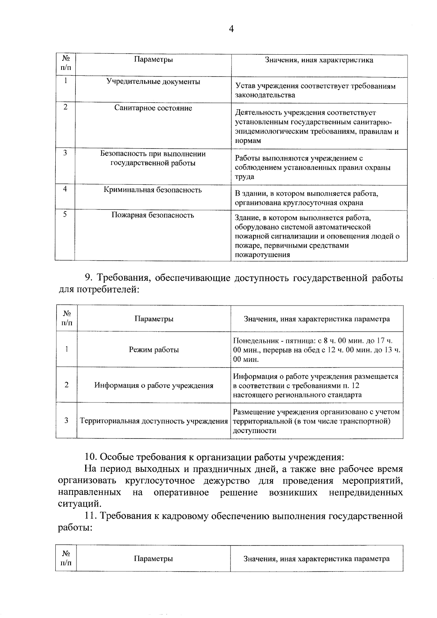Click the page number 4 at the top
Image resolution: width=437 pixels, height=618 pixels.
click(231, 29)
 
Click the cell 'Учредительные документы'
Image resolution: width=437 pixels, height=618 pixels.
click(153, 82)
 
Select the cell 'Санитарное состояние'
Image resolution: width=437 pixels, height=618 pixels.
click(153, 108)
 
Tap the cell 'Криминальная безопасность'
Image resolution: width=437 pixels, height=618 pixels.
click(153, 190)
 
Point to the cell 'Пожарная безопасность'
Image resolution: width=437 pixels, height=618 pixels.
click(153, 215)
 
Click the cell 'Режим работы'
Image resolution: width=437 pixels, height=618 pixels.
click(154, 350)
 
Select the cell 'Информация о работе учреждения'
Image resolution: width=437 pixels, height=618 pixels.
click(154, 385)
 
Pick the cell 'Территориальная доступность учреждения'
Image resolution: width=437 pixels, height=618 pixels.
click(154, 421)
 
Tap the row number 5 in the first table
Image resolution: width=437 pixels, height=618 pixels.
click(65, 214)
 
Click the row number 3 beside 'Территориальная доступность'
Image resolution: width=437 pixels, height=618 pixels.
click(66, 421)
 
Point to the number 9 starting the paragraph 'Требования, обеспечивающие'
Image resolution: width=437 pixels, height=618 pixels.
click(88, 278)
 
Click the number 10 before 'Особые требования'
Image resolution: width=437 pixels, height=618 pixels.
click(90, 457)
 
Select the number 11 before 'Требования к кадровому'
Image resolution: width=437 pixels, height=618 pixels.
click(90, 516)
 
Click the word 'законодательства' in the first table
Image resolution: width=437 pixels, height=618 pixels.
click(265, 95)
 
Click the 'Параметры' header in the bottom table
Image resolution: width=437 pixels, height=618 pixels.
click(153, 559)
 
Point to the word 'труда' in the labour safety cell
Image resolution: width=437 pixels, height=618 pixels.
click(244, 177)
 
